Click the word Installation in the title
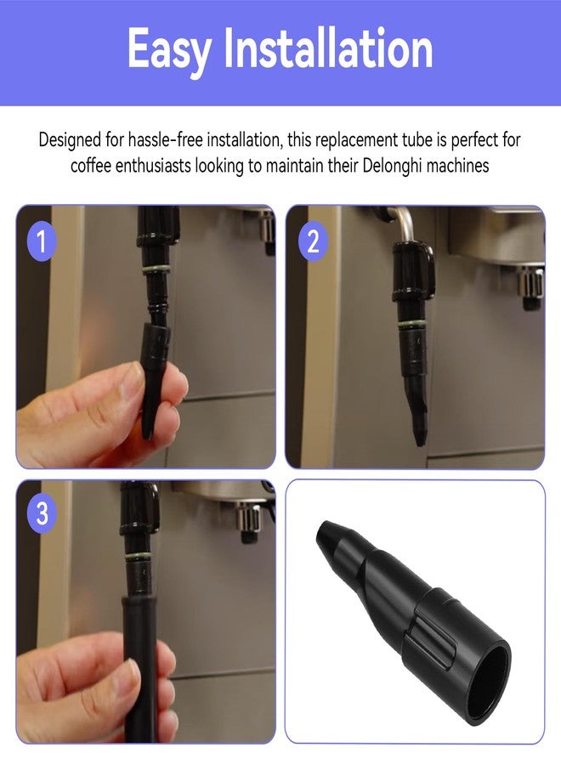328,48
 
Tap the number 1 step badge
42,241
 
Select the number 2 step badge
313,241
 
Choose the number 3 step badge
42,513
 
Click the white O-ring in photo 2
411,326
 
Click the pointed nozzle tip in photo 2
419,440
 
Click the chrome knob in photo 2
530,288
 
